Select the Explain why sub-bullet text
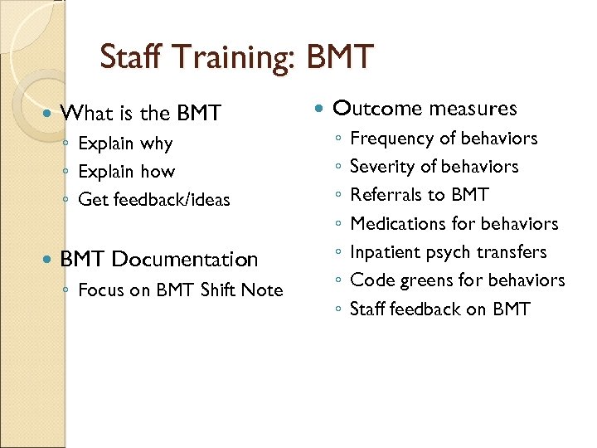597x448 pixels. (x=124, y=144)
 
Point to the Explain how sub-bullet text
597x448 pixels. (x=126, y=172)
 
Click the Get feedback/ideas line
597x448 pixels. (x=153, y=200)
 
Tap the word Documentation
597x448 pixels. (x=185, y=260)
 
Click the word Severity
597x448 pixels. (x=383, y=167)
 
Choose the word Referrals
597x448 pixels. (x=386, y=195)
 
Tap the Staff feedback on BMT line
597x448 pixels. (x=439, y=309)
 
